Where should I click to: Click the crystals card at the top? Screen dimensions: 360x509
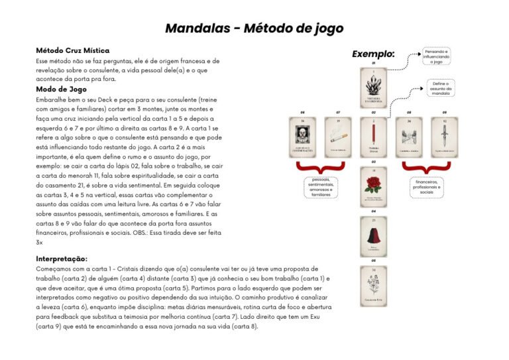(374, 88)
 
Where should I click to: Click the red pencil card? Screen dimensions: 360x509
(374, 136)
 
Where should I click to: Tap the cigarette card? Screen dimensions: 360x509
(338, 136)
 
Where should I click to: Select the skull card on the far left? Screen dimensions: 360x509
(302, 136)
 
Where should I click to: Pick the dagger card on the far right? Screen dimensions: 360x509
(445, 136)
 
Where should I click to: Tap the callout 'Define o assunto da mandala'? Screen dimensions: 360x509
(441, 88)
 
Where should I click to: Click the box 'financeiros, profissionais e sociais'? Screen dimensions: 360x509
(426, 186)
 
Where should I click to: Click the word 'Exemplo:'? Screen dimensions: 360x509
(373, 54)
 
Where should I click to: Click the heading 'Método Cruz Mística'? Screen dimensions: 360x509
(73, 50)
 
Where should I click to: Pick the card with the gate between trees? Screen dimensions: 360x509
(409, 136)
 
